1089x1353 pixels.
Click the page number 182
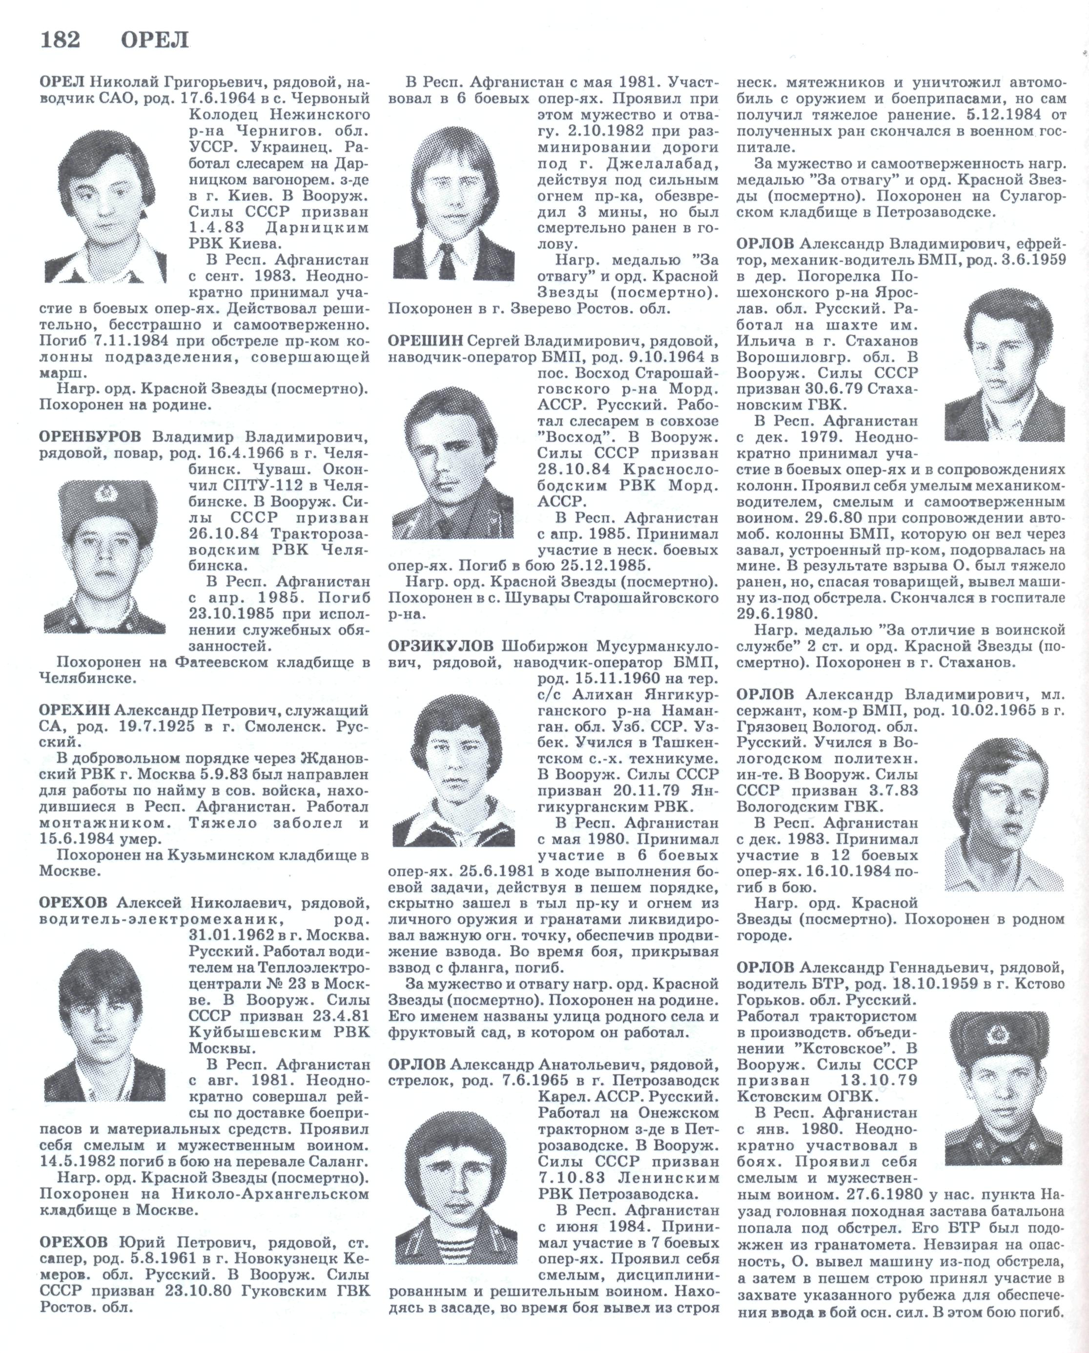click(60, 40)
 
